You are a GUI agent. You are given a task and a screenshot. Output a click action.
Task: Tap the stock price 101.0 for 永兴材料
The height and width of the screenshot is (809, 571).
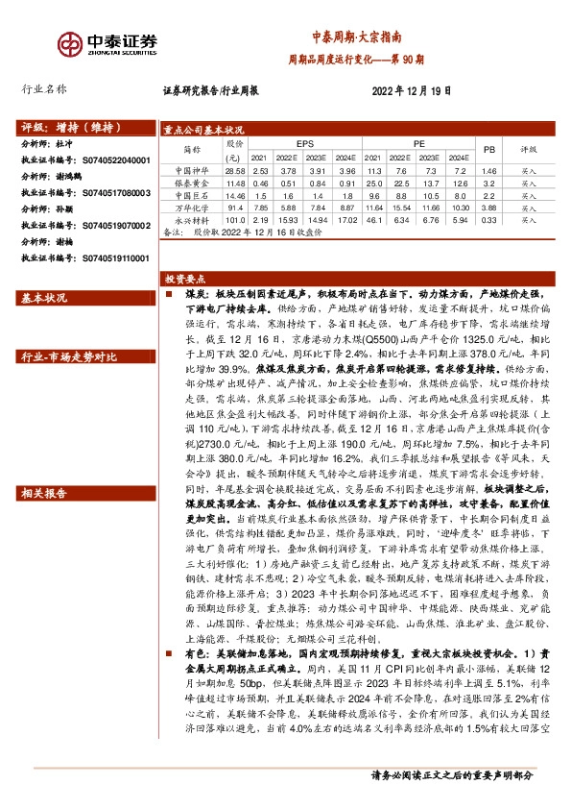[232, 220]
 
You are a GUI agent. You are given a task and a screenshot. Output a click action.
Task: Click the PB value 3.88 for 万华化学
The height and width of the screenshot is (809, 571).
[488, 208]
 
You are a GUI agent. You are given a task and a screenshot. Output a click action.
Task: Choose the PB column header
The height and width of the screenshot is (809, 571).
[488, 150]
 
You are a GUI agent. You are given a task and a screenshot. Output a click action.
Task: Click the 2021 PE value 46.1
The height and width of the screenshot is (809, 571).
[372, 220]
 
